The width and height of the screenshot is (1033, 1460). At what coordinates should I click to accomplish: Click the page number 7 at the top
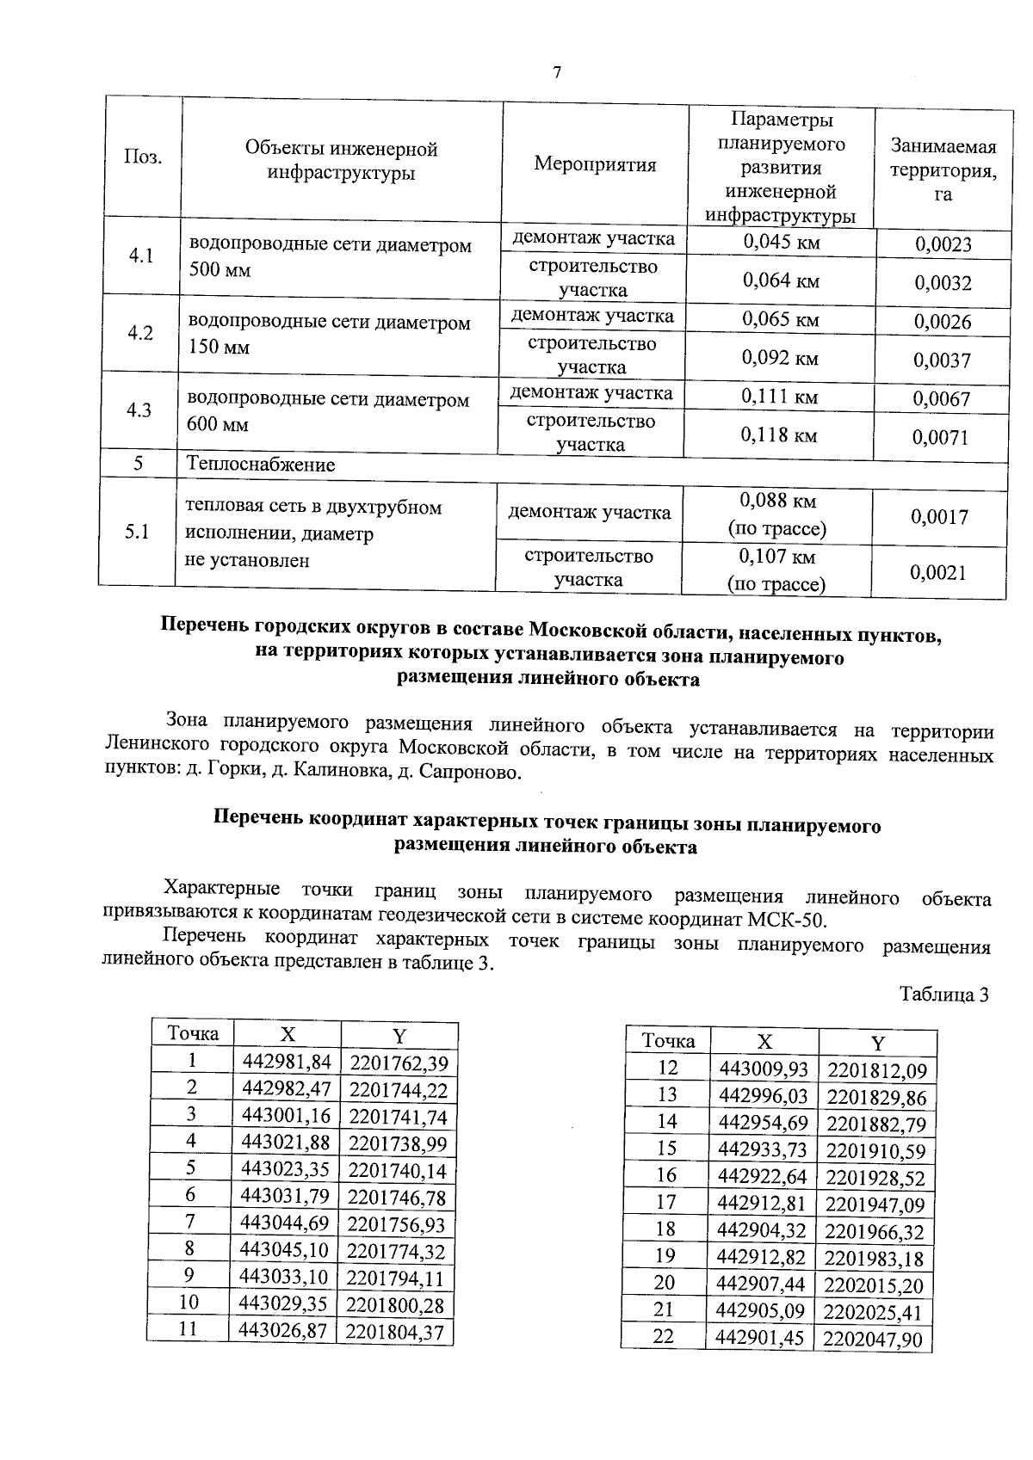(x=557, y=73)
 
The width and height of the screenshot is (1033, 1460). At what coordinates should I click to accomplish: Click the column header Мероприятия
(x=595, y=164)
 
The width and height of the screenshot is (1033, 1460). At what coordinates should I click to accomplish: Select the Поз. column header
(x=144, y=157)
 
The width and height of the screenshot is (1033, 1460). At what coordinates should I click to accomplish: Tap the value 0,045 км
(x=781, y=242)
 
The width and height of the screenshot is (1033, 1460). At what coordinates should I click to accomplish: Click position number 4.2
(x=139, y=333)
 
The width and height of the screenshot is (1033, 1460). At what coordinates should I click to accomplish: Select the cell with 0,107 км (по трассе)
(x=776, y=570)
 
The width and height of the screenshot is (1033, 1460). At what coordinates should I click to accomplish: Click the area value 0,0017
(x=939, y=516)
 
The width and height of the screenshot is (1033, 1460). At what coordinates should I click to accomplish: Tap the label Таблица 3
(x=943, y=995)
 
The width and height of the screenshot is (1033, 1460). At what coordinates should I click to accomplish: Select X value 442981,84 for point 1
(x=287, y=1062)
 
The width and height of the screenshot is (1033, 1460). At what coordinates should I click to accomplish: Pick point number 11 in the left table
(x=188, y=1328)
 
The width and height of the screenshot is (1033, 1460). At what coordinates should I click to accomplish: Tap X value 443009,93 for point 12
(x=764, y=1069)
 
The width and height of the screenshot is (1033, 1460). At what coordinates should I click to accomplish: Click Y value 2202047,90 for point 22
(x=872, y=1339)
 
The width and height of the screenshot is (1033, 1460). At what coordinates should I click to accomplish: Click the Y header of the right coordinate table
(x=877, y=1044)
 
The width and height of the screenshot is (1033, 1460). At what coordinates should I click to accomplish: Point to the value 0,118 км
(x=779, y=434)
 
